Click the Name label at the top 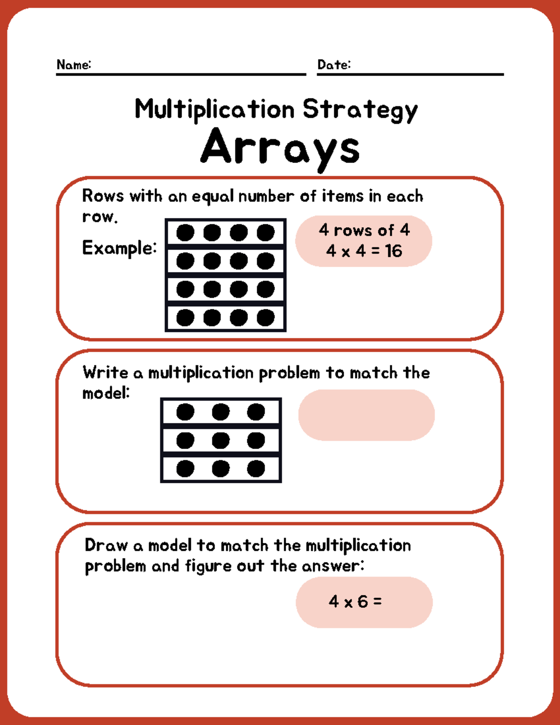click(x=73, y=64)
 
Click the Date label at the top click(x=334, y=64)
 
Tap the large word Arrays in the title click(x=280, y=147)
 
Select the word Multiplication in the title click(x=214, y=110)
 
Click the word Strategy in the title click(x=360, y=110)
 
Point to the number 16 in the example click(x=393, y=251)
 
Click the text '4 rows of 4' click(x=364, y=230)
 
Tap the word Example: click(x=119, y=248)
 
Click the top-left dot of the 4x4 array click(x=185, y=232)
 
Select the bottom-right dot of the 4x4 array click(x=266, y=318)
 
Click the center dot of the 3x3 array click(x=221, y=440)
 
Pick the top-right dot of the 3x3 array click(x=256, y=412)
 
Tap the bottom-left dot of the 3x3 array click(x=185, y=469)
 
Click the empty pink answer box click(x=366, y=415)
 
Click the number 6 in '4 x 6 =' click(x=363, y=602)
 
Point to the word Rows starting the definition click(x=103, y=196)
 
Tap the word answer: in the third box click(x=333, y=566)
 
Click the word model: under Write click(x=106, y=394)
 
